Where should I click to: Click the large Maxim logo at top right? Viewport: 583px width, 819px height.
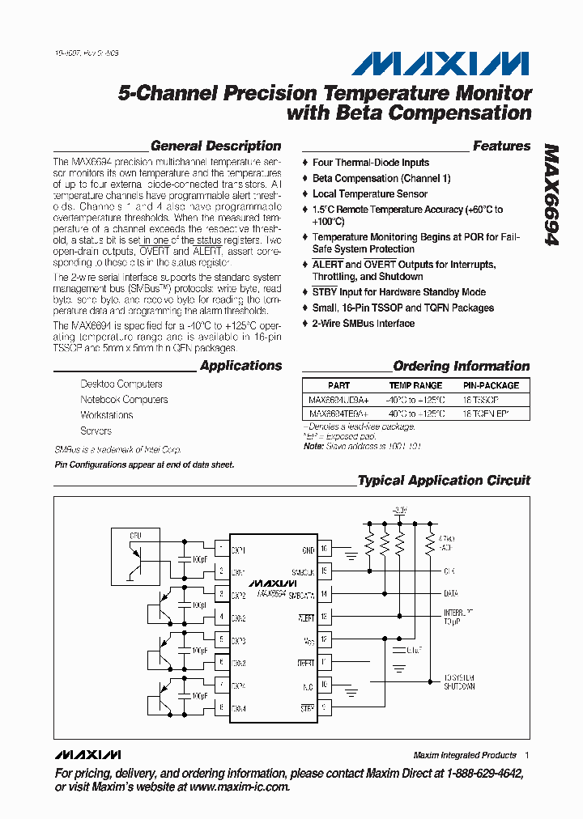(440, 64)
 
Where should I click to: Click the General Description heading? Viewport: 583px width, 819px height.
(216, 146)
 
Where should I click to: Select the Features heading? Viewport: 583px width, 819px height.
(501, 146)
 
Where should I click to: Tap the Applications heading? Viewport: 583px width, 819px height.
(240, 366)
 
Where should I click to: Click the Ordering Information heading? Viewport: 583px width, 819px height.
(462, 366)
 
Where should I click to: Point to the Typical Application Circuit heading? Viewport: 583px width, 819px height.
(444, 481)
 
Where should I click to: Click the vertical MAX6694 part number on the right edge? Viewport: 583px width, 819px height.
(551, 194)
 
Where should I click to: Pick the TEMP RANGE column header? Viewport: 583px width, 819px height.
(415, 386)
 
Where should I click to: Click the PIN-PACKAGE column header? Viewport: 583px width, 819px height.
(491, 386)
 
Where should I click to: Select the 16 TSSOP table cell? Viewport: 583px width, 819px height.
(481, 400)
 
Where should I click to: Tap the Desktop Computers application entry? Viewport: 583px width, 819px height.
(121, 384)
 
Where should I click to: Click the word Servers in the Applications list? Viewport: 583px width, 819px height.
(96, 431)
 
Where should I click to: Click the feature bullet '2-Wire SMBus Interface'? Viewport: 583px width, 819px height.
(364, 324)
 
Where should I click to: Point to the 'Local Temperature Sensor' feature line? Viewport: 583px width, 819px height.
(370, 194)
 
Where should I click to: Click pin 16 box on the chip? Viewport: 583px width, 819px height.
(325, 549)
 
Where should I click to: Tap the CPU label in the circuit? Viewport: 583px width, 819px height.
(136, 536)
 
